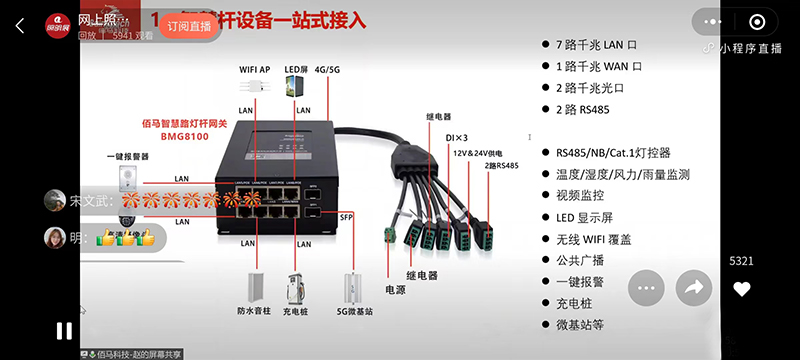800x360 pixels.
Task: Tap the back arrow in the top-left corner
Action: (19, 26)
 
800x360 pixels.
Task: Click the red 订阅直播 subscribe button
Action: (190, 26)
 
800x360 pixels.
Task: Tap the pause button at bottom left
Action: (63, 330)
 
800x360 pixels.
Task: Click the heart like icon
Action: (741, 289)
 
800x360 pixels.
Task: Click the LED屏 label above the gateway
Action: (297, 69)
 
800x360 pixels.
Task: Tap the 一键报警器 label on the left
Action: (128, 157)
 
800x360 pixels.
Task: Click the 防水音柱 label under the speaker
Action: (255, 310)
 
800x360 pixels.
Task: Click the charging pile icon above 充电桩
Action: (296, 284)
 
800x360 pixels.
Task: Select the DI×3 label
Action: (455, 136)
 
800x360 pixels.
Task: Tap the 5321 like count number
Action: (741, 261)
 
